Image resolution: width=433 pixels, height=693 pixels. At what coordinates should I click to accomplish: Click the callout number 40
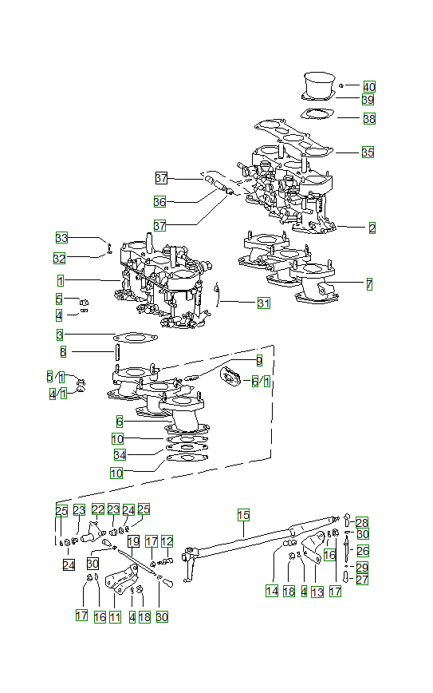[369, 86]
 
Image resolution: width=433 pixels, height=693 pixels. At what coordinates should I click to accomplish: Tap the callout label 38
[368, 118]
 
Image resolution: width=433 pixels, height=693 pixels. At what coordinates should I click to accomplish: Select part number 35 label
[368, 152]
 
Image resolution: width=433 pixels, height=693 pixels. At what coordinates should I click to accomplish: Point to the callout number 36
[160, 201]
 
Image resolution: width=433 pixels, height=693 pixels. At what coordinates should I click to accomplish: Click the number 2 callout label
[372, 228]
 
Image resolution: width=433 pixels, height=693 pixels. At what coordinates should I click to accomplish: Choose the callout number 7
[369, 283]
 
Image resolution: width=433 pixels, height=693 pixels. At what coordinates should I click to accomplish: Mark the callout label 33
[61, 237]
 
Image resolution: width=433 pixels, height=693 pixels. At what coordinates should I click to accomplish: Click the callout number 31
[263, 303]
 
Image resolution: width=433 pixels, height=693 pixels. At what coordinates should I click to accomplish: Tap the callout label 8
[63, 351]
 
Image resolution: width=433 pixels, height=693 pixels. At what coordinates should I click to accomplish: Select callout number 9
[258, 361]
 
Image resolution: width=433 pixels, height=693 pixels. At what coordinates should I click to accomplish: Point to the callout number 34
[120, 455]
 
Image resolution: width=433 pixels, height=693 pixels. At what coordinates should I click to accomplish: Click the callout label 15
[243, 515]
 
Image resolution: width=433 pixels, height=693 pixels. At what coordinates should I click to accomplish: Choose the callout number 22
[97, 509]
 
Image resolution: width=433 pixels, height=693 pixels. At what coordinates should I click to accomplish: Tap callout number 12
[167, 541]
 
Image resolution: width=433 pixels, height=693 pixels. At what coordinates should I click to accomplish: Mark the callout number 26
[363, 551]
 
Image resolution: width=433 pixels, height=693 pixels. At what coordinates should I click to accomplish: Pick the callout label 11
[116, 616]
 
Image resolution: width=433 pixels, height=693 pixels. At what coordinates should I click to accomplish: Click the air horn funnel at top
[321, 82]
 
